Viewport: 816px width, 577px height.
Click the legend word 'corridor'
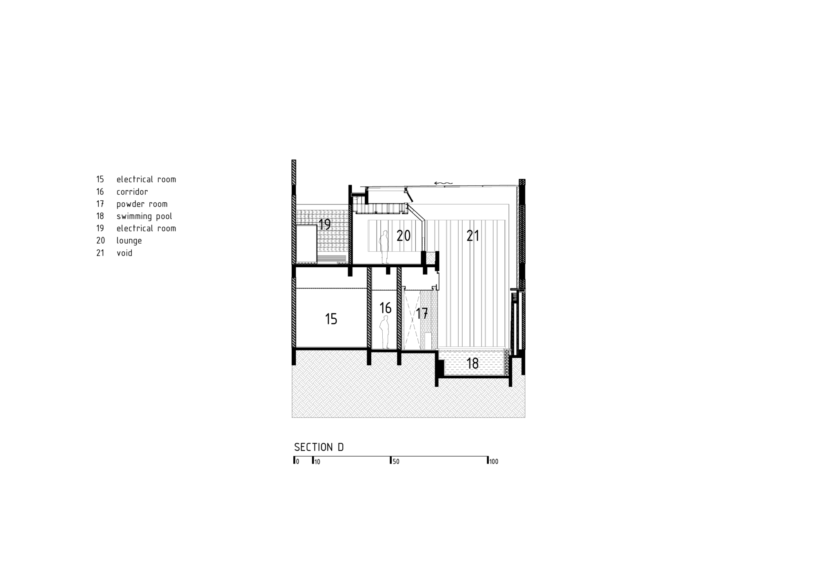[132, 192]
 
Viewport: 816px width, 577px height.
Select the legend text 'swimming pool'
[144, 216]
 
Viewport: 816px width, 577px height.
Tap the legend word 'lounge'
[129, 241]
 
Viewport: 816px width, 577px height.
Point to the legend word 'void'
[124, 253]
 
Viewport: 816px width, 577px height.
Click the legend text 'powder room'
[142, 204]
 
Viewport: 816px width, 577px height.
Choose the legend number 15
[100, 180]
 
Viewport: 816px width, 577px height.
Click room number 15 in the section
[331, 319]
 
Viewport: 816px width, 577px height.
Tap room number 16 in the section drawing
[385, 308]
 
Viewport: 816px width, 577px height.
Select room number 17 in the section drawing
[421, 313]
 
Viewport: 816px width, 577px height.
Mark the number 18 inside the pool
[472, 363]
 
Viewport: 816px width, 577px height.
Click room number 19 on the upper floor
[324, 224]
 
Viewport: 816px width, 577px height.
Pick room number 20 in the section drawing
[404, 236]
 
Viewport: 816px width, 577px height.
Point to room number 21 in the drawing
[473, 236]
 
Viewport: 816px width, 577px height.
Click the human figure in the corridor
[384, 332]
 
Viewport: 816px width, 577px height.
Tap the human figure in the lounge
[384, 247]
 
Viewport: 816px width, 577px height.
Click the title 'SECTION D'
[319, 447]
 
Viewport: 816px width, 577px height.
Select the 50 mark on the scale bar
[395, 462]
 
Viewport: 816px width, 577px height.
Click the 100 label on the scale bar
[494, 462]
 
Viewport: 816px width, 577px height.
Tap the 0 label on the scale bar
[297, 462]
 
